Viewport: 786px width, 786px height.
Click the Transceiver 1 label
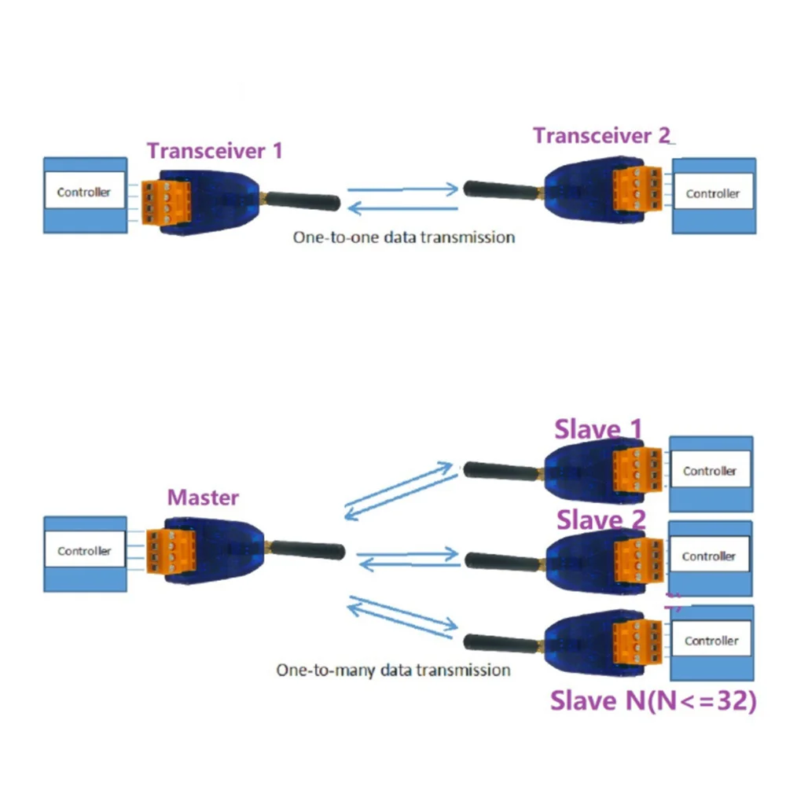[215, 150]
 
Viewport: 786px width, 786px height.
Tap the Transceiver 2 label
[602, 135]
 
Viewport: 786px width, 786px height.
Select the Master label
[203, 498]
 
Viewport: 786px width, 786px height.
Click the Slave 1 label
[598, 429]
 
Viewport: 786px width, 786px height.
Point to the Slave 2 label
[601, 520]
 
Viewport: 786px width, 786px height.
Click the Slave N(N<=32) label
[652, 700]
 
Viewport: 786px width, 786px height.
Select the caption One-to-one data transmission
[403, 237]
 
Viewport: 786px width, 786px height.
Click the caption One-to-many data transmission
[393, 670]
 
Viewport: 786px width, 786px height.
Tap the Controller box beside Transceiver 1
[84, 193]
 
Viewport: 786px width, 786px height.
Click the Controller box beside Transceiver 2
[713, 194]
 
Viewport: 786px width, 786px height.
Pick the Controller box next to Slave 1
[710, 471]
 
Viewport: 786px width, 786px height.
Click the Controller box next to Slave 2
[709, 556]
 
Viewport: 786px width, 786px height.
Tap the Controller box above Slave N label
[711, 641]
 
